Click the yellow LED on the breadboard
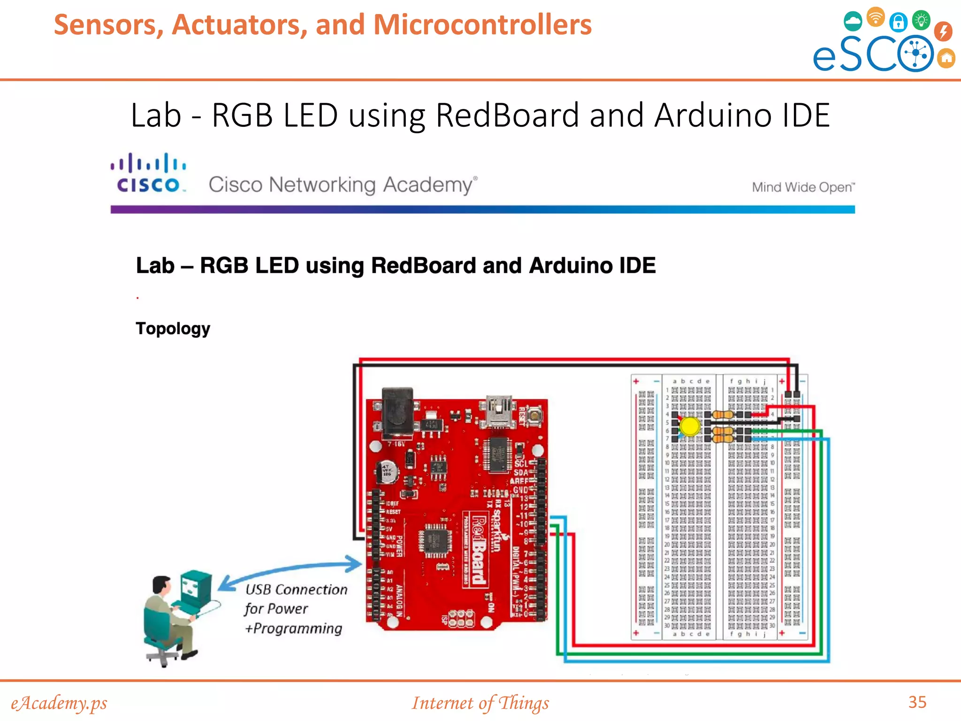click(x=689, y=426)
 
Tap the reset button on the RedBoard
click(x=534, y=415)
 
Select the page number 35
click(x=917, y=702)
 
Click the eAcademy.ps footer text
click(x=59, y=703)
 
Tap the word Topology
click(x=173, y=329)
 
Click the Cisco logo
click(x=148, y=173)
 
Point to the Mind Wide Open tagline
click(x=803, y=187)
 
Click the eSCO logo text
click(x=873, y=54)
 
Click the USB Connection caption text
click(x=296, y=590)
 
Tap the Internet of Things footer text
click(x=480, y=703)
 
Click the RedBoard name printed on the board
click(x=479, y=550)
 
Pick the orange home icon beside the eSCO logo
click(x=946, y=58)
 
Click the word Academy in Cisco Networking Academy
click(x=428, y=185)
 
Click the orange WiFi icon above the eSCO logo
click(x=875, y=17)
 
